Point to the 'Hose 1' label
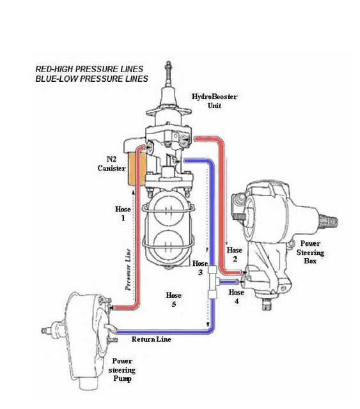(123, 213)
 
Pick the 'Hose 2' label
(235, 254)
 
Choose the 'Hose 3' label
(200, 268)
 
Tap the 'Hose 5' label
(173, 300)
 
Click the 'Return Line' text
(151, 339)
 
